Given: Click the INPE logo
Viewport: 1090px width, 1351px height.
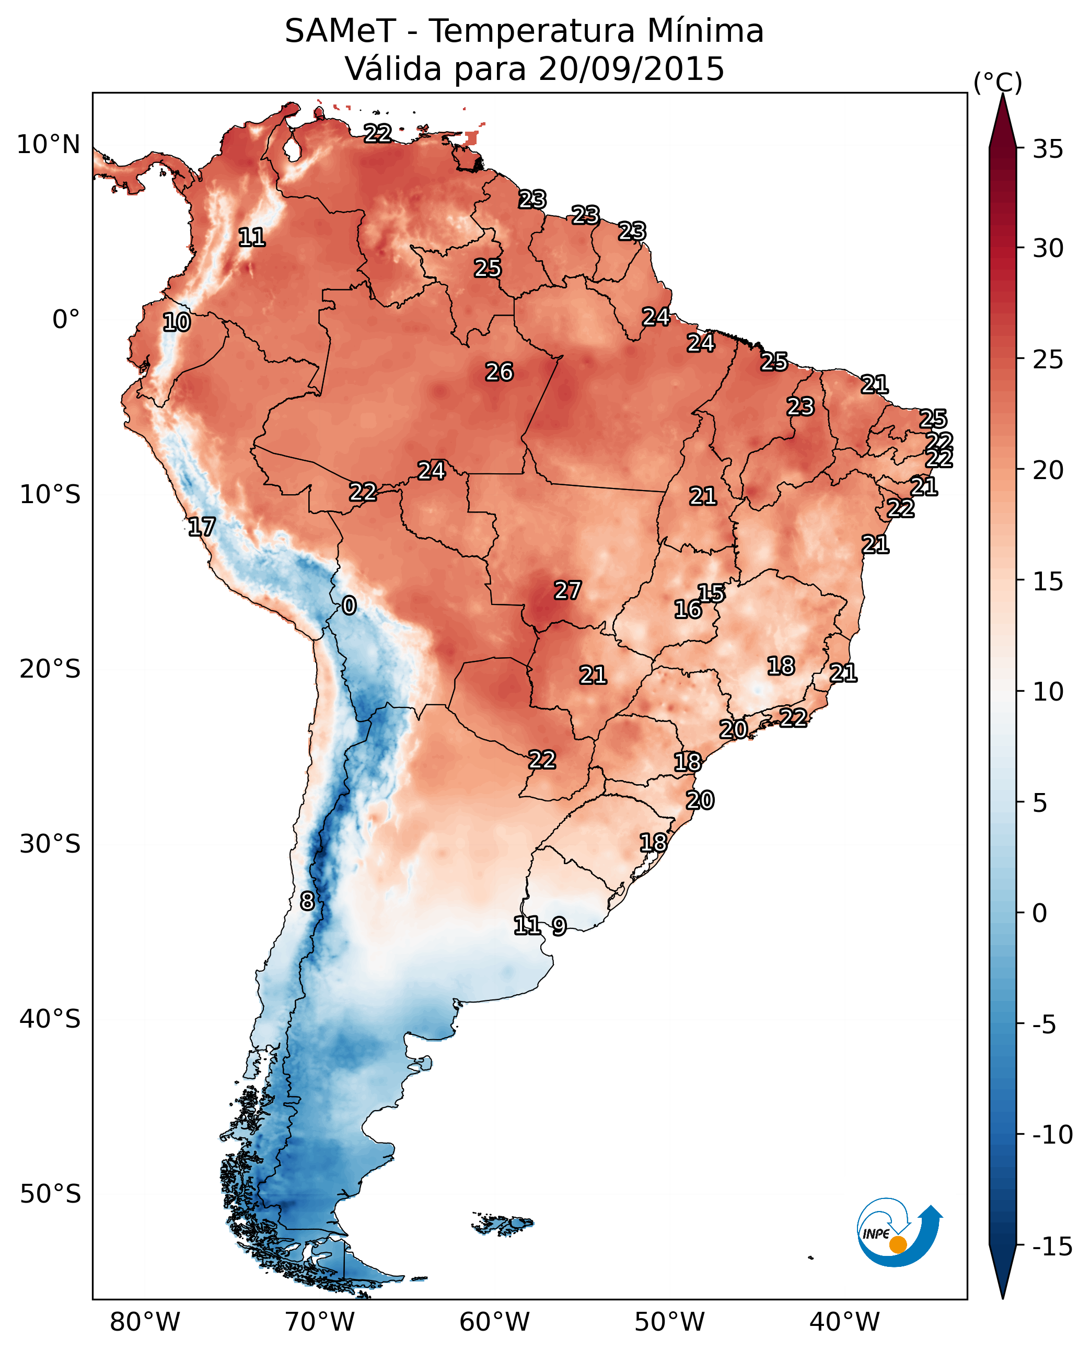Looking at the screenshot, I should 899,1233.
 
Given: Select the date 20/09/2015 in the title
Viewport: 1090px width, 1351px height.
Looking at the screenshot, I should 631,69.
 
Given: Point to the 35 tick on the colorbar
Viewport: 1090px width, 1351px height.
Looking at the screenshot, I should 1048,149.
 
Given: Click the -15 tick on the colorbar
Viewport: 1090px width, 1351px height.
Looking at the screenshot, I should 1052,1246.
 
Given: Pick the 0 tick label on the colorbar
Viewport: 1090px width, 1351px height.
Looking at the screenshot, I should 1040,913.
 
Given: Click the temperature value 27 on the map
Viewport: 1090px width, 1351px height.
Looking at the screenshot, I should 567,591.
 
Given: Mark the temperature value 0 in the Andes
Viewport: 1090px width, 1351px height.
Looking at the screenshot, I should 349,606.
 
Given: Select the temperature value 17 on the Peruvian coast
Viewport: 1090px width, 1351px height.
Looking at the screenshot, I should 202,527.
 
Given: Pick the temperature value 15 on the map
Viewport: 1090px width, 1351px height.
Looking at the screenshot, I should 711,593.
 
